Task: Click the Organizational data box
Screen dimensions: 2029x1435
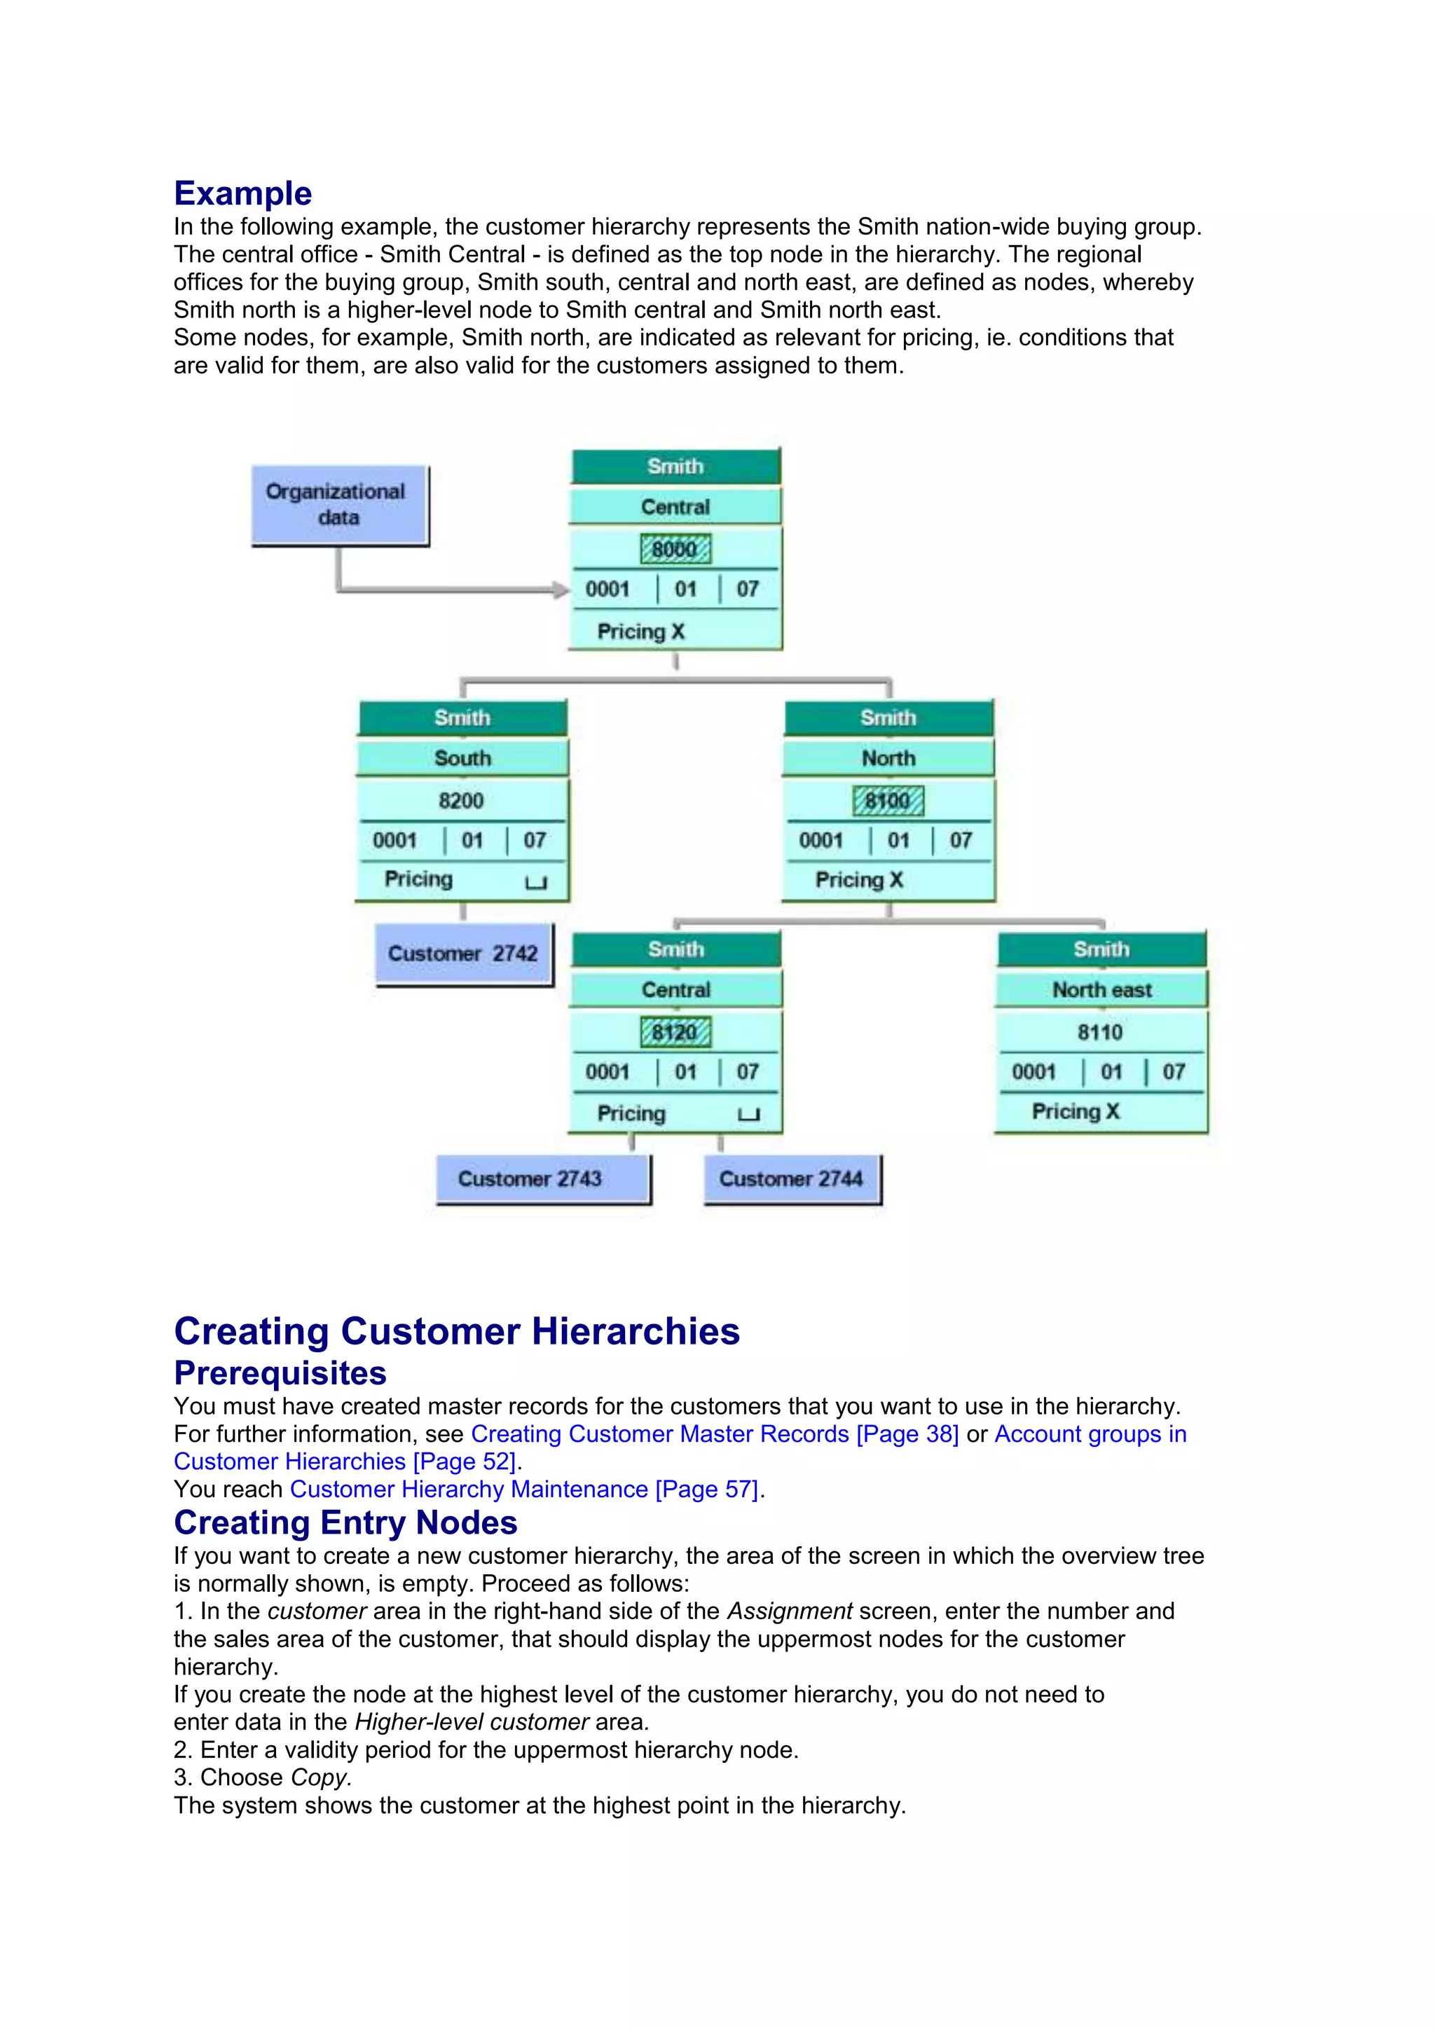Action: coord(339,504)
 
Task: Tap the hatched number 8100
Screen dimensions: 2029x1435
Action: coord(888,801)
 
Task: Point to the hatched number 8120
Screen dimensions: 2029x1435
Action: coord(675,1032)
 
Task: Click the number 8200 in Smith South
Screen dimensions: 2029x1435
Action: coord(461,801)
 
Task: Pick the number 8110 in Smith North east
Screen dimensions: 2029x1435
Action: coord(1100,1032)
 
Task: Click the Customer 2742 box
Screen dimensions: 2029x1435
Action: coord(463,954)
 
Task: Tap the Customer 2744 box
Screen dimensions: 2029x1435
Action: coord(792,1179)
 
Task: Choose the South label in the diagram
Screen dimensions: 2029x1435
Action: coord(462,758)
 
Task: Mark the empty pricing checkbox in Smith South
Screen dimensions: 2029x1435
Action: coord(536,882)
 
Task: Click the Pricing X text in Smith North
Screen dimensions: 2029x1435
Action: coord(859,880)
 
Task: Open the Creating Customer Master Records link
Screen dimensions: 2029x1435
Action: coord(714,1434)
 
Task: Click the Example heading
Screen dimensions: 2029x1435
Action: coord(243,193)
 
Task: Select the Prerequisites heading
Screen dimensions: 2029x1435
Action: coord(280,1373)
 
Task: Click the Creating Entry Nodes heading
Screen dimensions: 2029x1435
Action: coord(345,1522)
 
